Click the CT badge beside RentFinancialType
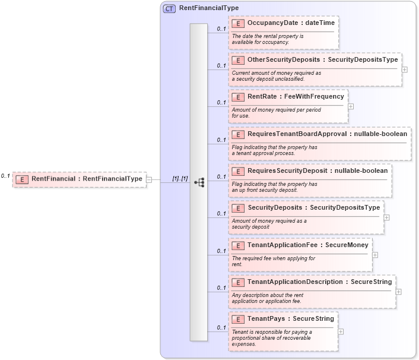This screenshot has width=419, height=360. pyautogui.click(x=169, y=8)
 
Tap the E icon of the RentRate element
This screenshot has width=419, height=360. pyautogui.click(x=238, y=97)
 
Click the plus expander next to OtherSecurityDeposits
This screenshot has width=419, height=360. pyautogui.click(x=405, y=69)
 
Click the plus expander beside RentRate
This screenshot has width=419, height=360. pyautogui.click(x=351, y=106)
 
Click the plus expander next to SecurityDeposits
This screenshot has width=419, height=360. pyautogui.click(x=387, y=217)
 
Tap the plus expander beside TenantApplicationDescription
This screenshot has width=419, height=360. pyautogui.click(x=399, y=291)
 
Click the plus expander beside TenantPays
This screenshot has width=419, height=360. pyautogui.click(x=341, y=331)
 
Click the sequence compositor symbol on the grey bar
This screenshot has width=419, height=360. pyautogui.click(x=199, y=182)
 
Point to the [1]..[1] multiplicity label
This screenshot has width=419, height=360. pyautogui.click(x=180, y=178)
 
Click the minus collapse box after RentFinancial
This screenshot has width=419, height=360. pyautogui.click(x=149, y=179)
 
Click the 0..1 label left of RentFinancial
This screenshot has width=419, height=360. pyautogui.click(x=5, y=176)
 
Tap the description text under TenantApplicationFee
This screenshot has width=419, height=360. pyautogui.click(x=274, y=261)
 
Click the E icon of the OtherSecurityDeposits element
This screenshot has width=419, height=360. pyautogui.click(x=238, y=60)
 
